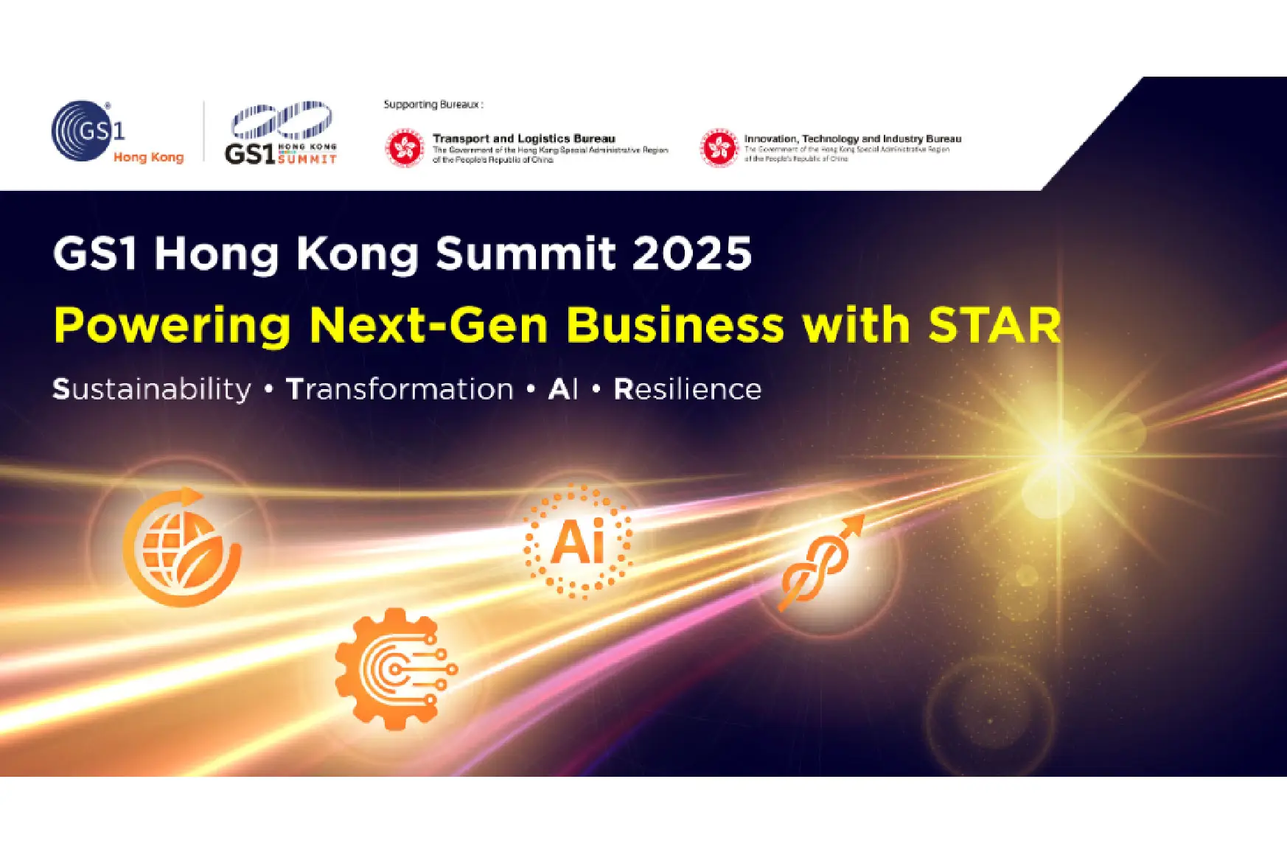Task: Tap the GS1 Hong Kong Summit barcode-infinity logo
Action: (281, 133)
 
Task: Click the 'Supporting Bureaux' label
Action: (433, 105)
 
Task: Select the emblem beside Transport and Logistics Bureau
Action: (404, 148)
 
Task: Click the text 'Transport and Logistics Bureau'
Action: (523, 139)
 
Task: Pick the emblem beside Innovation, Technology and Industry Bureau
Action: (719, 148)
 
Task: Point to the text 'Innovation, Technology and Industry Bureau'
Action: (852, 139)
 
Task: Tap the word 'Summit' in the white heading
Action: (525, 254)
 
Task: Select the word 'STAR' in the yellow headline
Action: (994, 325)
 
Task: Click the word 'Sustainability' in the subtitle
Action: (152, 389)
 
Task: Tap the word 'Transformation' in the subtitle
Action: (400, 389)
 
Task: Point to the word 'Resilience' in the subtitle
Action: (687, 389)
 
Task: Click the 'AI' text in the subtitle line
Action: (563, 389)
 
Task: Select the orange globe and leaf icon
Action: (182, 546)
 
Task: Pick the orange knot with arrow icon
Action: (819, 564)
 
